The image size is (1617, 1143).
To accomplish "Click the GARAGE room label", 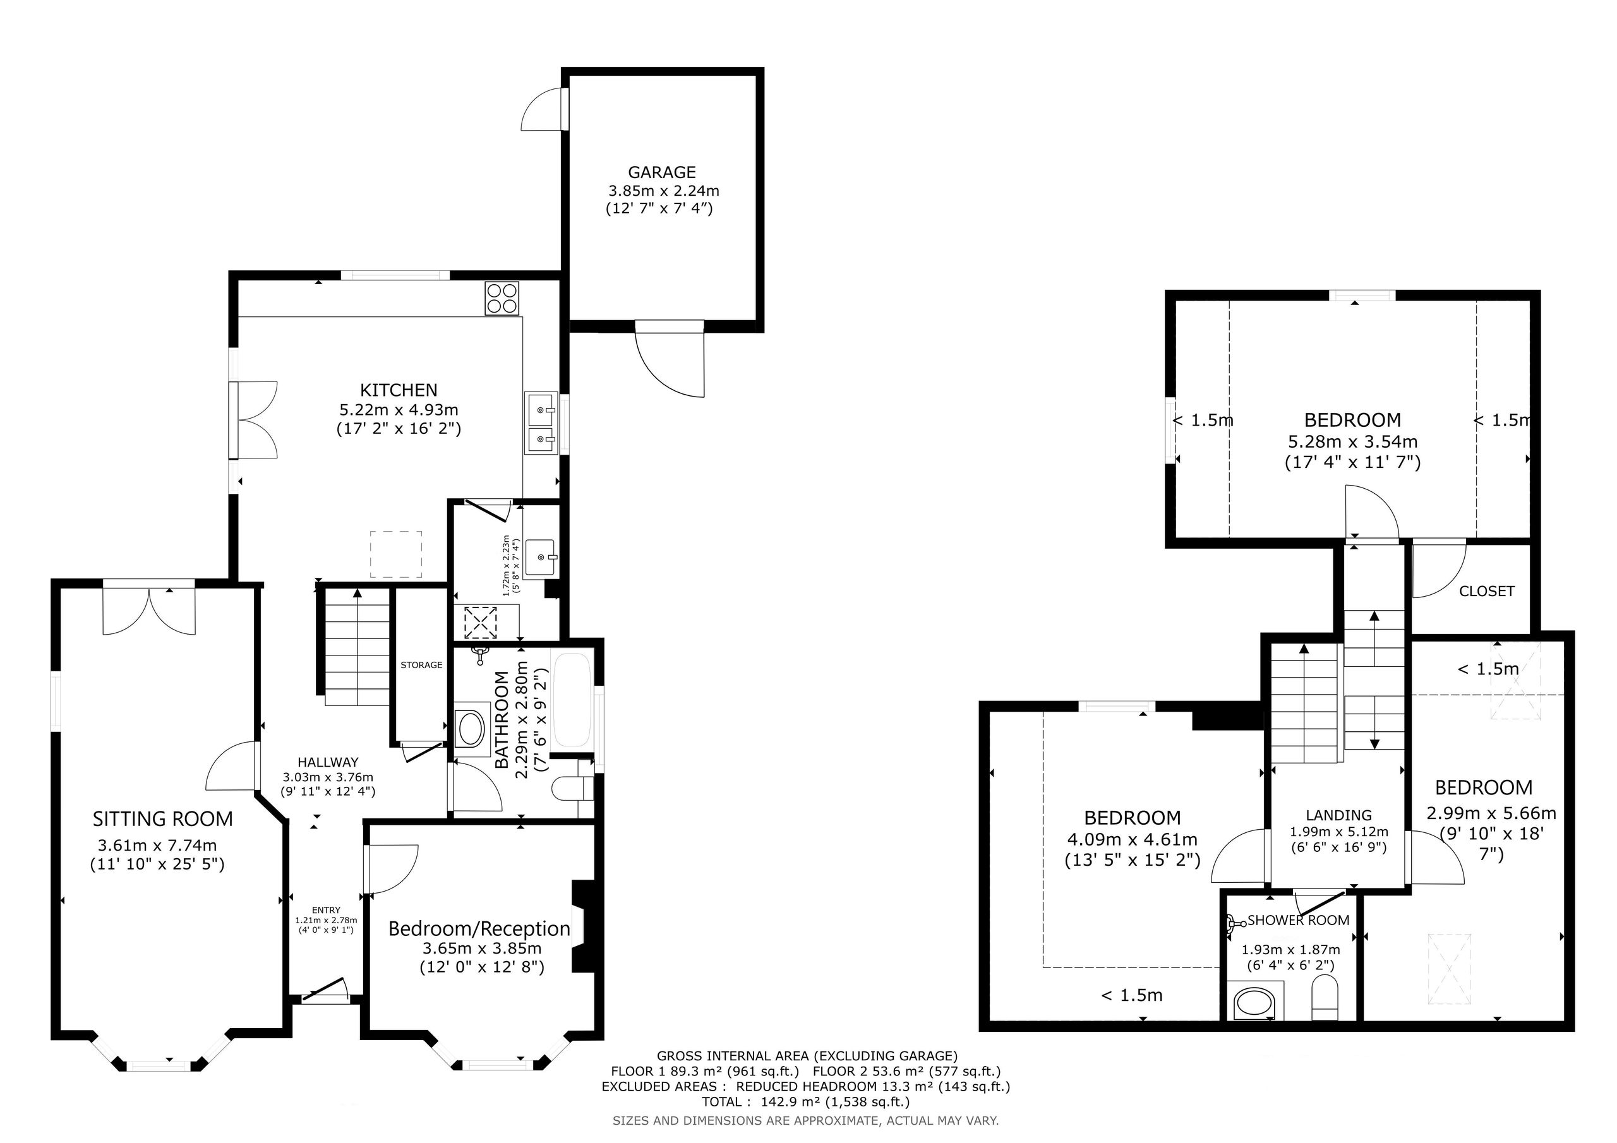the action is point(661,172).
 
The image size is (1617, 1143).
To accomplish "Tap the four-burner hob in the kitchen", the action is point(502,298).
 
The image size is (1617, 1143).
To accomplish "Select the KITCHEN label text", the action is point(399,390).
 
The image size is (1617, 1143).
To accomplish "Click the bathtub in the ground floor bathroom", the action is point(572,700).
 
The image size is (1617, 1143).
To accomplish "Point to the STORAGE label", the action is point(421,665).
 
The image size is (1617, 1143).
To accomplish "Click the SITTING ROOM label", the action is point(163,819).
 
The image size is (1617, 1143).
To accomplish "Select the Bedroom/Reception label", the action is point(479,929).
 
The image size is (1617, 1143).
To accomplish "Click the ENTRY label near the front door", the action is point(326,911).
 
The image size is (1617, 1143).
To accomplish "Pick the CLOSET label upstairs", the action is point(1486,592).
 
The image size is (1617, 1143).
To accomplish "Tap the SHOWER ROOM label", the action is point(1298,921).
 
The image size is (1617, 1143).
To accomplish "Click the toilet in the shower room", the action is point(1325,998).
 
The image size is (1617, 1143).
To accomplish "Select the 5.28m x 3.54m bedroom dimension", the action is point(1352,442).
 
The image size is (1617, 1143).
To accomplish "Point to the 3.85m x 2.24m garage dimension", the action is point(663,191).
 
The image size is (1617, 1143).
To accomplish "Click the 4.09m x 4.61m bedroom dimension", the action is point(1132,840).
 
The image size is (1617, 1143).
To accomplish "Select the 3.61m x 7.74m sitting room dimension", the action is point(158,845).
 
